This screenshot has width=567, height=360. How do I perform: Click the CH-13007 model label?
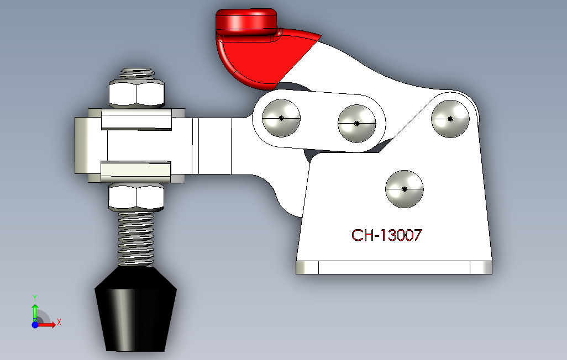[387, 235]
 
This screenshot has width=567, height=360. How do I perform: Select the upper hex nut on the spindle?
[137, 93]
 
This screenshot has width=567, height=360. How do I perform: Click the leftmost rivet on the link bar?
[281, 118]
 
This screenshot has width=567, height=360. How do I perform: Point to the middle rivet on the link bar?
[356, 123]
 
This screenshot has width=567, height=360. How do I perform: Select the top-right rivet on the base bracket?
[450, 118]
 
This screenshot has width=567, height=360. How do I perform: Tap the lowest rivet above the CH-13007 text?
[404, 189]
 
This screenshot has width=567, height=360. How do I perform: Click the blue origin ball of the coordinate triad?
[35, 325]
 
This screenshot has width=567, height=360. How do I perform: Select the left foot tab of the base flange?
[307, 268]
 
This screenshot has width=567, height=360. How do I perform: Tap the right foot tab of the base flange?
[481, 268]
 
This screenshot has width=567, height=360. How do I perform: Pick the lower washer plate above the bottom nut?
[136, 171]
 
